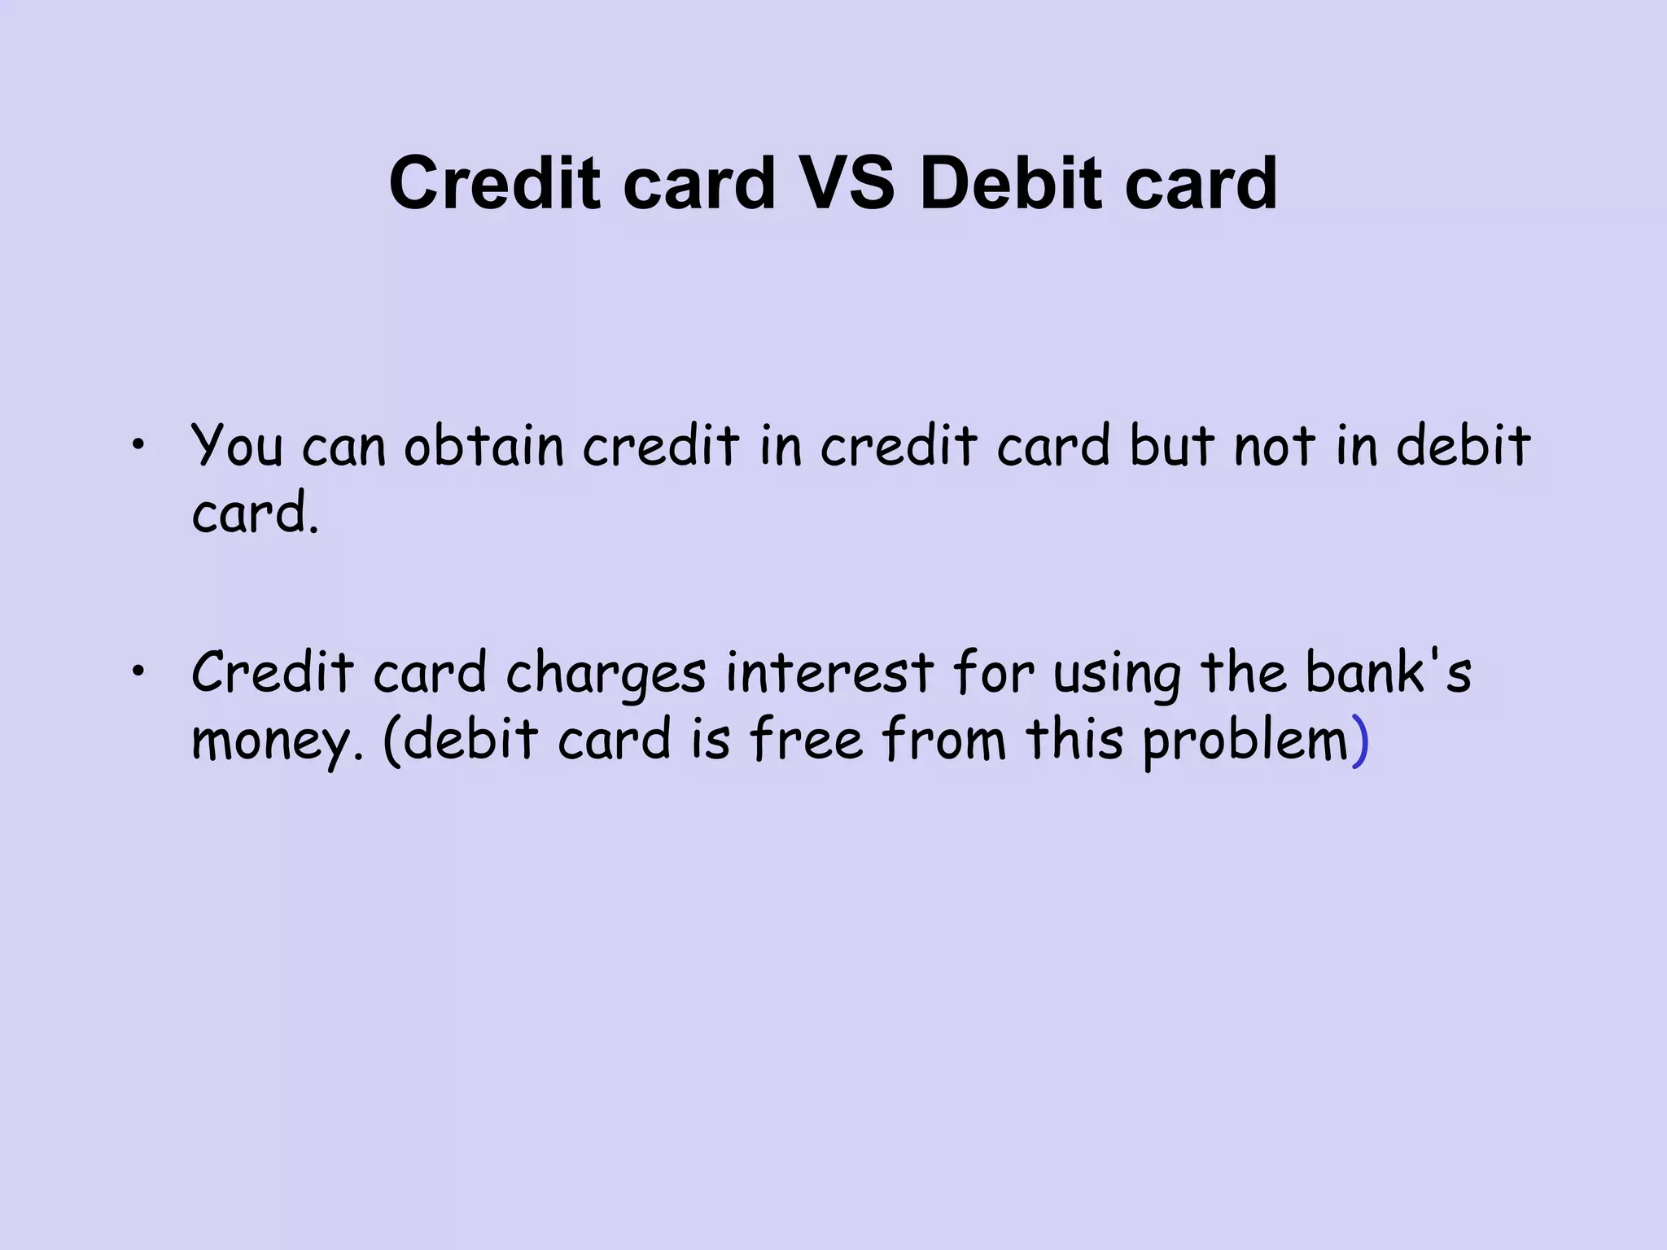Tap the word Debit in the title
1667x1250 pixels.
pos(1010,183)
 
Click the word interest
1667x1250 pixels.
pos(829,673)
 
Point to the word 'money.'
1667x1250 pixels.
pos(277,741)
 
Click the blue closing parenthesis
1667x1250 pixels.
pos(1360,741)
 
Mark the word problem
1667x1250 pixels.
pos(1245,741)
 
